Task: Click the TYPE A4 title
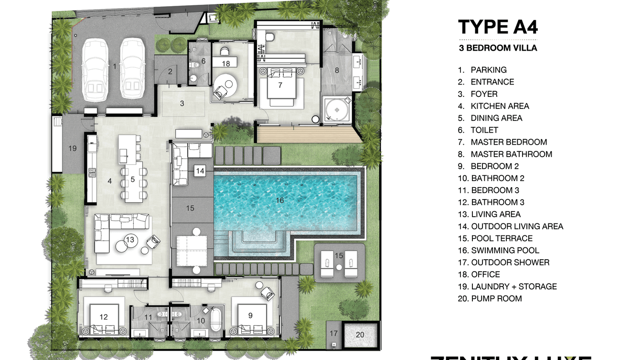point(498,27)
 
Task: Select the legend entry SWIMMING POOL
point(505,250)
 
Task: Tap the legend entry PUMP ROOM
point(496,298)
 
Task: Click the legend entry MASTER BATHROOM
point(511,154)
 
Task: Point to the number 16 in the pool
point(280,200)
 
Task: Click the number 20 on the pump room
point(360,335)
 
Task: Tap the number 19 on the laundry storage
point(72,148)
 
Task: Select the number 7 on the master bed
point(280,85)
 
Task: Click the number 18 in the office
point(226,63)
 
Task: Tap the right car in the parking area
point(132,69)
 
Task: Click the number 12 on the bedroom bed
point(104,317)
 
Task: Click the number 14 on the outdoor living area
point(200,170)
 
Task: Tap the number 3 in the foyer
point(182,103)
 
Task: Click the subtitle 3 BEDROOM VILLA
point(498,48)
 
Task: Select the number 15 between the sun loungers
point(338,256)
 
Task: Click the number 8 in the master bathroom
point(336,70)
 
